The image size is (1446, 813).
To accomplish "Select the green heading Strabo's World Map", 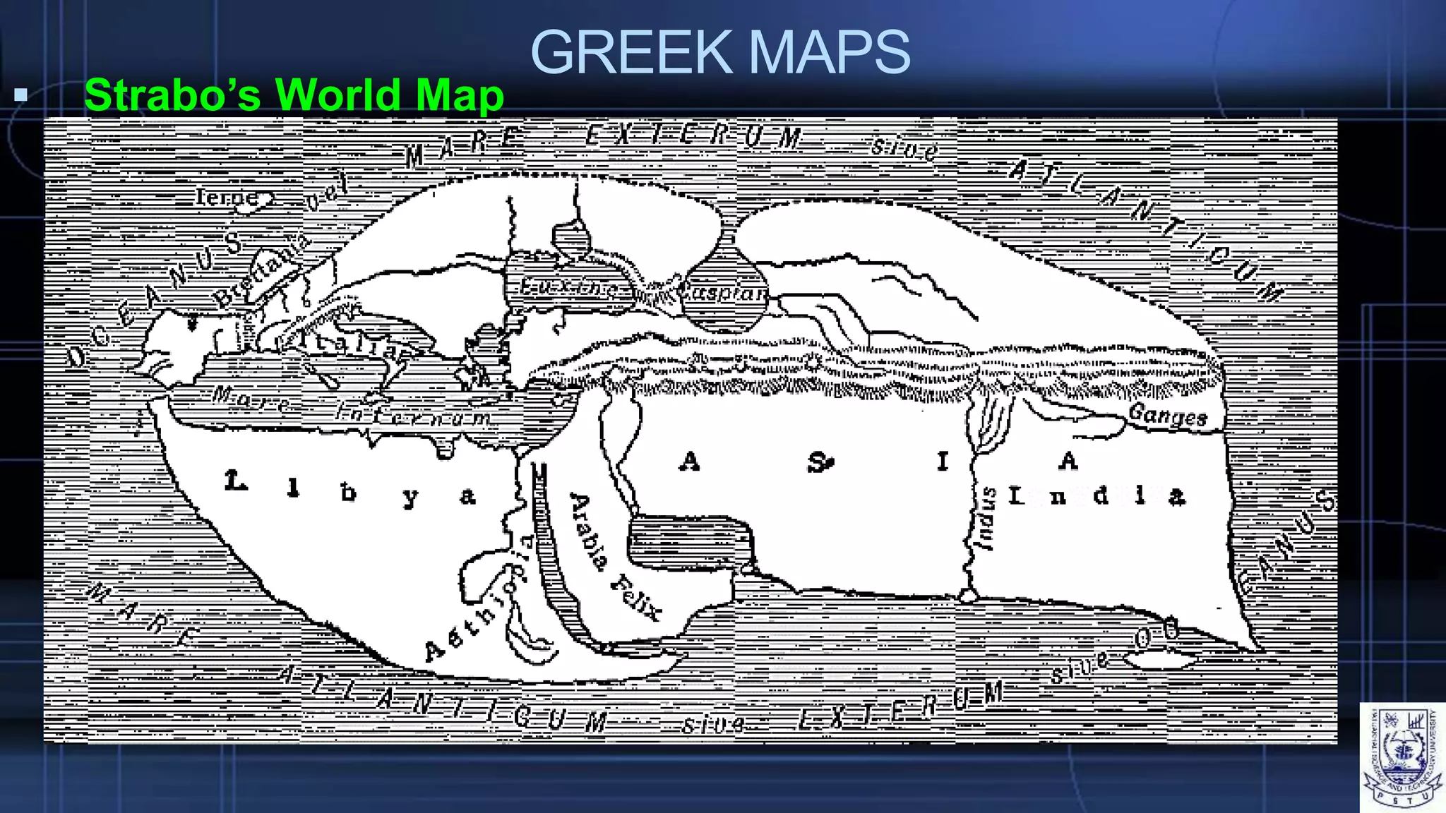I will pos(294,95).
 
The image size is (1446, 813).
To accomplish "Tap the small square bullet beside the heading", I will pos(20,95).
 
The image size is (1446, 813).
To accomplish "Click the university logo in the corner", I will pos(1402,757).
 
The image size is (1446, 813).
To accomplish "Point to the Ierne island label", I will pos(227,198).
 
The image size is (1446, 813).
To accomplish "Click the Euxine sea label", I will pos(568,288).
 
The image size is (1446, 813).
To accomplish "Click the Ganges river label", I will pos(1168,415).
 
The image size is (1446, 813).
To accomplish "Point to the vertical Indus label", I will pos(986,518).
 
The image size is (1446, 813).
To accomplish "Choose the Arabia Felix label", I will pos(614,557).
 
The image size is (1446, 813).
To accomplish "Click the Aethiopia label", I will pos(480,600).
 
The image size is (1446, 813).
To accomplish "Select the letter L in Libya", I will pos(236,482).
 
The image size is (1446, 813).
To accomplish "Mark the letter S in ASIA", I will pos(819,463).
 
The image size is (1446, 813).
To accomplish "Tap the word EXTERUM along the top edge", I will pos(693,135).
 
